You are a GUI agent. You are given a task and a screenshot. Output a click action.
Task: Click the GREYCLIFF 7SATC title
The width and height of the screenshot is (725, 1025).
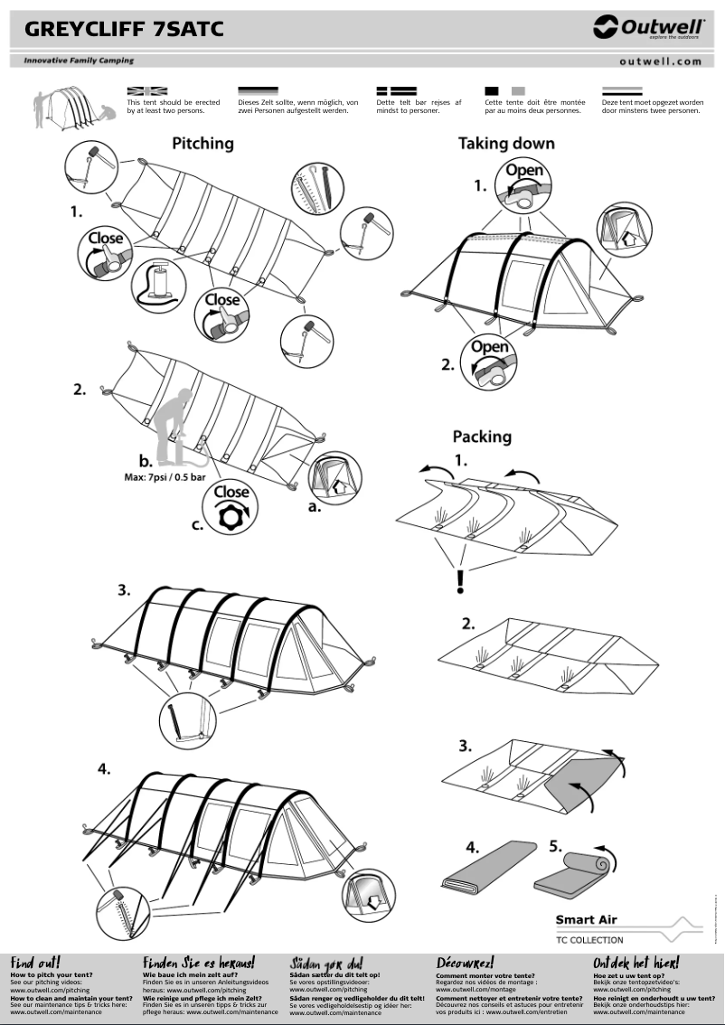click(124, 30)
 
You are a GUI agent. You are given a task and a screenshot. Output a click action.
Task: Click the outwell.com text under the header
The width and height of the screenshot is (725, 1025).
click(660, 61)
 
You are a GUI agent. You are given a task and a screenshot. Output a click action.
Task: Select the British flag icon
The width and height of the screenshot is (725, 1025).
click(147, 91)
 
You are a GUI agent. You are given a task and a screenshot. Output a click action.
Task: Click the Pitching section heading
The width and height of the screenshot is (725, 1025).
click(202, 143)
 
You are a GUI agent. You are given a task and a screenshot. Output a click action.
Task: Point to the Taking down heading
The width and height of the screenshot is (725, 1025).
click(506, 143)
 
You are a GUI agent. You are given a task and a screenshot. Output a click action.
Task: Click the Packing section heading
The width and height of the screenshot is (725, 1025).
click(482, 437)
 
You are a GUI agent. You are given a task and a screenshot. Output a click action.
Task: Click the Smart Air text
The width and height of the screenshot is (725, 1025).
click(586, 920)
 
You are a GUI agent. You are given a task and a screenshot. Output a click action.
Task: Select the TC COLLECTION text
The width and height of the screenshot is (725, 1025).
click(589, 940)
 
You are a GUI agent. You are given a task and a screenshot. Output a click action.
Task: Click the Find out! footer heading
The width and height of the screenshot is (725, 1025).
click(34, 963)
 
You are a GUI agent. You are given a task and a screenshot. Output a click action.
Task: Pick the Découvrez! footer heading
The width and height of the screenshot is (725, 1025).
click(465, 963)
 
